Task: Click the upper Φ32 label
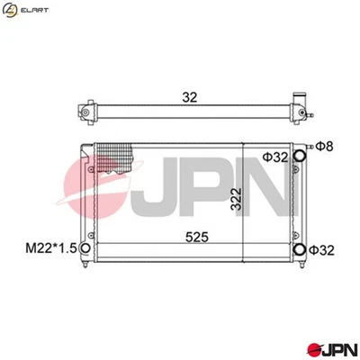[x=274, y=157]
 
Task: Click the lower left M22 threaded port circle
[x=85, y=248]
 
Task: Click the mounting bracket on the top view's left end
[x=87, y=112]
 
